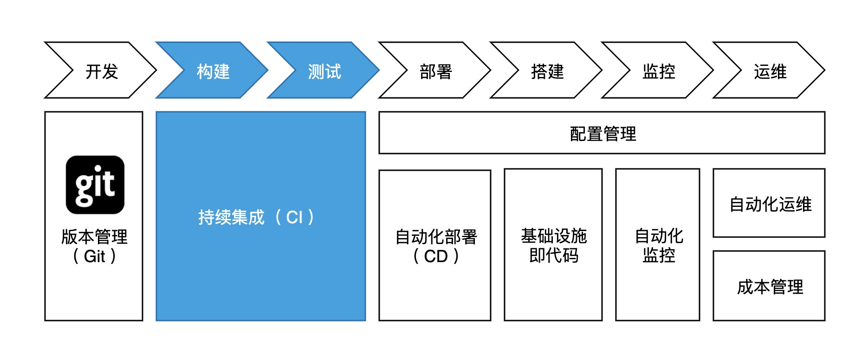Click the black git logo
pyautogui.click(x=95, y=185)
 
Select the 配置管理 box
pyautogui.click(x=602, y=133)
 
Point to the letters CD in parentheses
pyautogui.click(x=435, y=256)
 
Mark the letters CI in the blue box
pyautogui.click(x=294, y=217)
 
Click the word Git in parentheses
pyautogui.click(x=95, y=256)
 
